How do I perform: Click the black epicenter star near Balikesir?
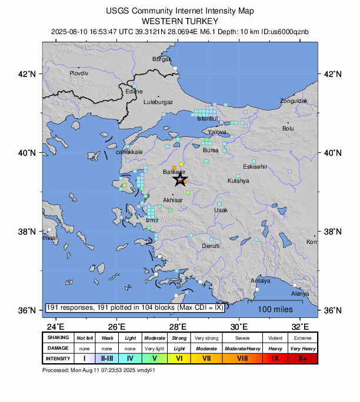click(x=180, y=179)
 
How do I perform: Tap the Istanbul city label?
click(x=208, y=119)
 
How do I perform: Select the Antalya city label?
click(x=260, y=281)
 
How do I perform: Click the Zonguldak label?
click(x=294, y=101)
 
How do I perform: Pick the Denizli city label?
click(x=211, y=246)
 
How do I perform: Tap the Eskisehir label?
click(x=255, y=166)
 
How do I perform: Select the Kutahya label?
click(x=238, y=181)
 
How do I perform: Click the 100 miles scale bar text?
click(x=273, y=309)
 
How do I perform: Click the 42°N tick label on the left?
click(x=28, y=74)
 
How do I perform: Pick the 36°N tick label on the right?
click(x=332, y=310)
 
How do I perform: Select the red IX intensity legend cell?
click(x=275, y=358)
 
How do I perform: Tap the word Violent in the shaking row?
click(x=275, y=338)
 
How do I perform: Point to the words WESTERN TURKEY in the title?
click(x=180, y=20)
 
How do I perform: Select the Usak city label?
click(x=221, y=210)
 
